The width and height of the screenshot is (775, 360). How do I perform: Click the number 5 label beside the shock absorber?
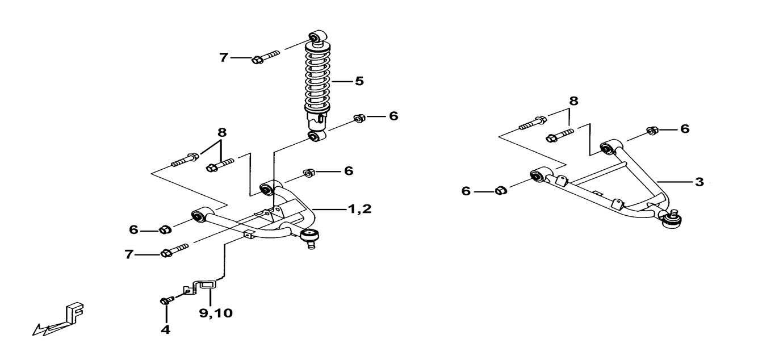[359, 81]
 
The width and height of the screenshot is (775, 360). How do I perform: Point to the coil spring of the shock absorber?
[318, 79]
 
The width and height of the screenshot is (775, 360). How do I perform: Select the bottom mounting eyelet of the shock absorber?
[316, 136]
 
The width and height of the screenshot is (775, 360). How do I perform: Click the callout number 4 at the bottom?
[166, 329]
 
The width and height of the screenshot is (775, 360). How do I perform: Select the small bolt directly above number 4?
[166, 300]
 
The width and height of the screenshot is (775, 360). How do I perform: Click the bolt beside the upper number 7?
[265, 57]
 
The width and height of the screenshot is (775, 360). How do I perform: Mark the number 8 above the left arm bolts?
[222, 133]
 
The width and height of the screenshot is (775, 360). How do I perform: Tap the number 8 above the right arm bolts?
[573, 101]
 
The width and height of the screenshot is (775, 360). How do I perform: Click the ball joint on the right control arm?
[673, 219]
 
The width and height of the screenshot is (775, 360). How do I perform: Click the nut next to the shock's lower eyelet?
[359, 118]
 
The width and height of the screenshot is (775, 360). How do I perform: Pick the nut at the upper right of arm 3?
[653, 130]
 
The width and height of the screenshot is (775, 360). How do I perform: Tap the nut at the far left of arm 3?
[500, 190]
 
